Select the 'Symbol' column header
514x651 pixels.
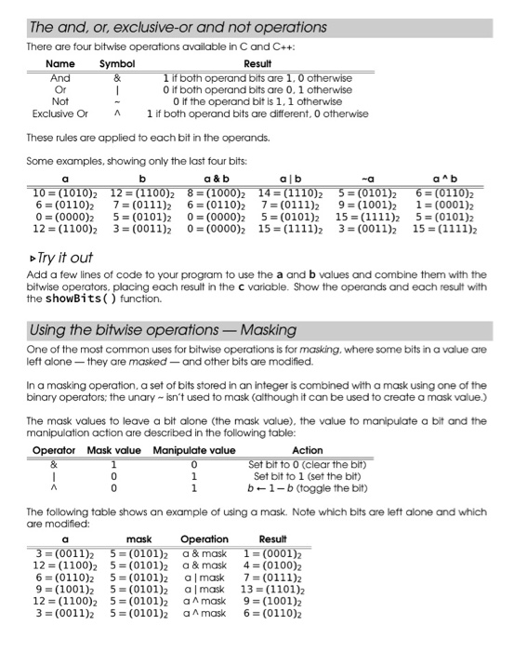(x=118, y=63)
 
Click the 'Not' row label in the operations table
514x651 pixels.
(x=60, y=101)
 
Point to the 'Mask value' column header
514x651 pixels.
(x=112, y=450)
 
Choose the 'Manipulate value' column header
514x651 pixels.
(x=194, y=450)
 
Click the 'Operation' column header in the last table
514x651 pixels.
(x=204, y=538)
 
